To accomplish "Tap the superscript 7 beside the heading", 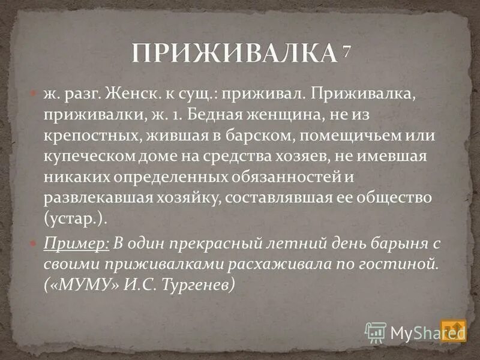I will click(346, 52).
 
